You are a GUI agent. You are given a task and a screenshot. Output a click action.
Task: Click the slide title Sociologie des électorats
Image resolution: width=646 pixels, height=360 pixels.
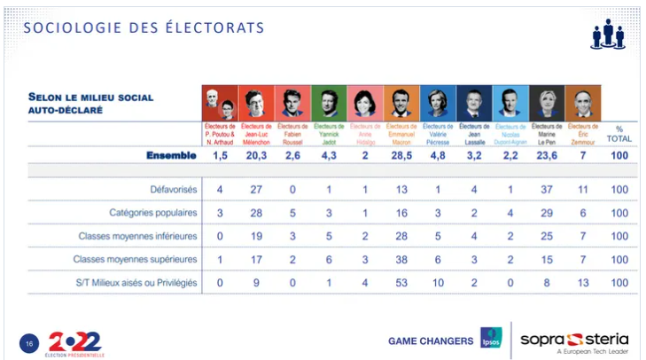[144, 28]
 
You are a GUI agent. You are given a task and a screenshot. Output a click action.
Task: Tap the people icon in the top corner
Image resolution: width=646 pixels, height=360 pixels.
[607, 33]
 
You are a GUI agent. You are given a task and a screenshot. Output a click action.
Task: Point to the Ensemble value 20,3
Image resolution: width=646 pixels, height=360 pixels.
[256, 155]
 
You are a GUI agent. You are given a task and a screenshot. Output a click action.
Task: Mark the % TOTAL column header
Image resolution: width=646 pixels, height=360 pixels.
[619, 133]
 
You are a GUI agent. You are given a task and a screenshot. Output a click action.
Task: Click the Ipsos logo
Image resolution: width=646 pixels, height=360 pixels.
[491, 339]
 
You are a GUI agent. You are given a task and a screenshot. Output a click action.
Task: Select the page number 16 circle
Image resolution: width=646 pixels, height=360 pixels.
[29, 341]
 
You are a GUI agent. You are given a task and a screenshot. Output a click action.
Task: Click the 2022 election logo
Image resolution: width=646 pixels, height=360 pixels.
[74, 340]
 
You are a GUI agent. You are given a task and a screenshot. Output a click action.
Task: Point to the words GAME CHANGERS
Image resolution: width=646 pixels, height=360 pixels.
[430, 340]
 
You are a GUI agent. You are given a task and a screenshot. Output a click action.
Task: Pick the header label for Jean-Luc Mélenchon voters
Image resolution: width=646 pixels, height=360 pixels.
[256, 133]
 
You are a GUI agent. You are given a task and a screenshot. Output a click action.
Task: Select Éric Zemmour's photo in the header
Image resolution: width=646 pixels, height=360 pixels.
[582, 103]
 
